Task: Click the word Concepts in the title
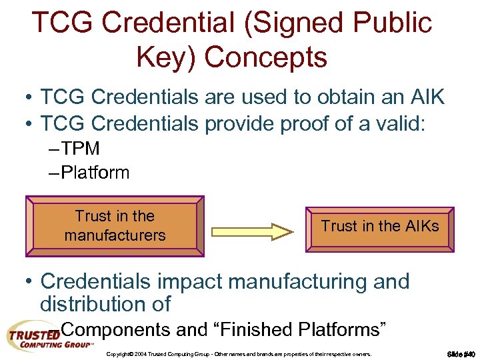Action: tap(266, 57)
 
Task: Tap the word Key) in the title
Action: tap(166, 57)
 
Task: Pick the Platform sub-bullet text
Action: tap(94, 173)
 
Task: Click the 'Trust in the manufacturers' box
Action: tap(115, 226)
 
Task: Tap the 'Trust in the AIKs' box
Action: tap(380, 227)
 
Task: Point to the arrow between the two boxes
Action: tap(253, 231)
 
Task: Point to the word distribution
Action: tap(97, 304)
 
